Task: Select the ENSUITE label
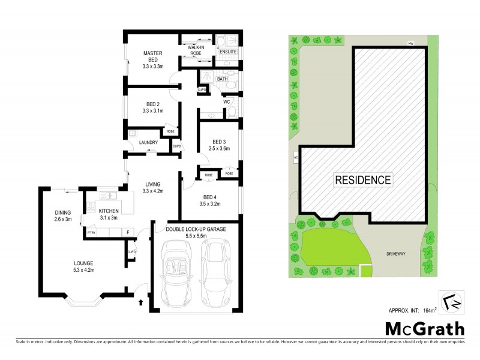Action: click(x=228, y=52)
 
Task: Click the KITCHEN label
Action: click(x=109, y=211)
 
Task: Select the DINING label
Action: click(x=63, y=212)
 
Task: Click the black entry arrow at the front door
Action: click(x=141, y=302)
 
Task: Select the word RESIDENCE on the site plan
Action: click(x=363, y=179)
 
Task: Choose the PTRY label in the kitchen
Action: click(x=92, y=232)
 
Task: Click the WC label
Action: click(x=227, y=102)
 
